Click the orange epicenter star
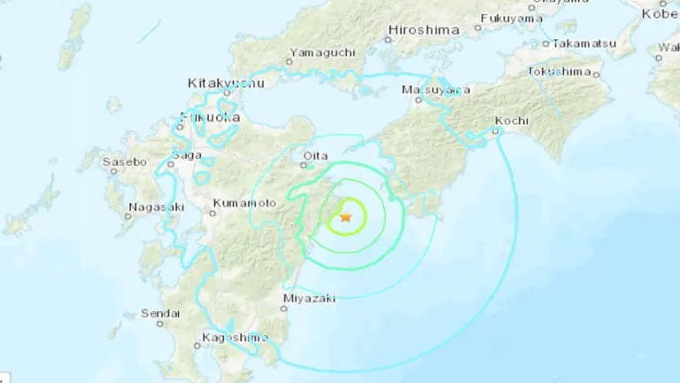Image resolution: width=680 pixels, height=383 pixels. pyautogui.click(x=346, y=217)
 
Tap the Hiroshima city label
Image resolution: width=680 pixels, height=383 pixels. pyautogui.click(x=423, y=30)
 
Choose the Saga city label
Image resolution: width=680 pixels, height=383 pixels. pyautogui.click(x=186, y=154)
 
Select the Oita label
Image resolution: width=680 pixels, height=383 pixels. pyautogui.click(x=315, y=156)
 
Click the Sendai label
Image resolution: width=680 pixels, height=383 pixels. pyautogui.click(x=161, y=313)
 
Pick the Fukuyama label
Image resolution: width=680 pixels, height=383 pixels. pyautogui.click(x=513, y=18)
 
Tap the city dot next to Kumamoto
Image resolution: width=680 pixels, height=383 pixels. pyautogui.click(x=213, y=212)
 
